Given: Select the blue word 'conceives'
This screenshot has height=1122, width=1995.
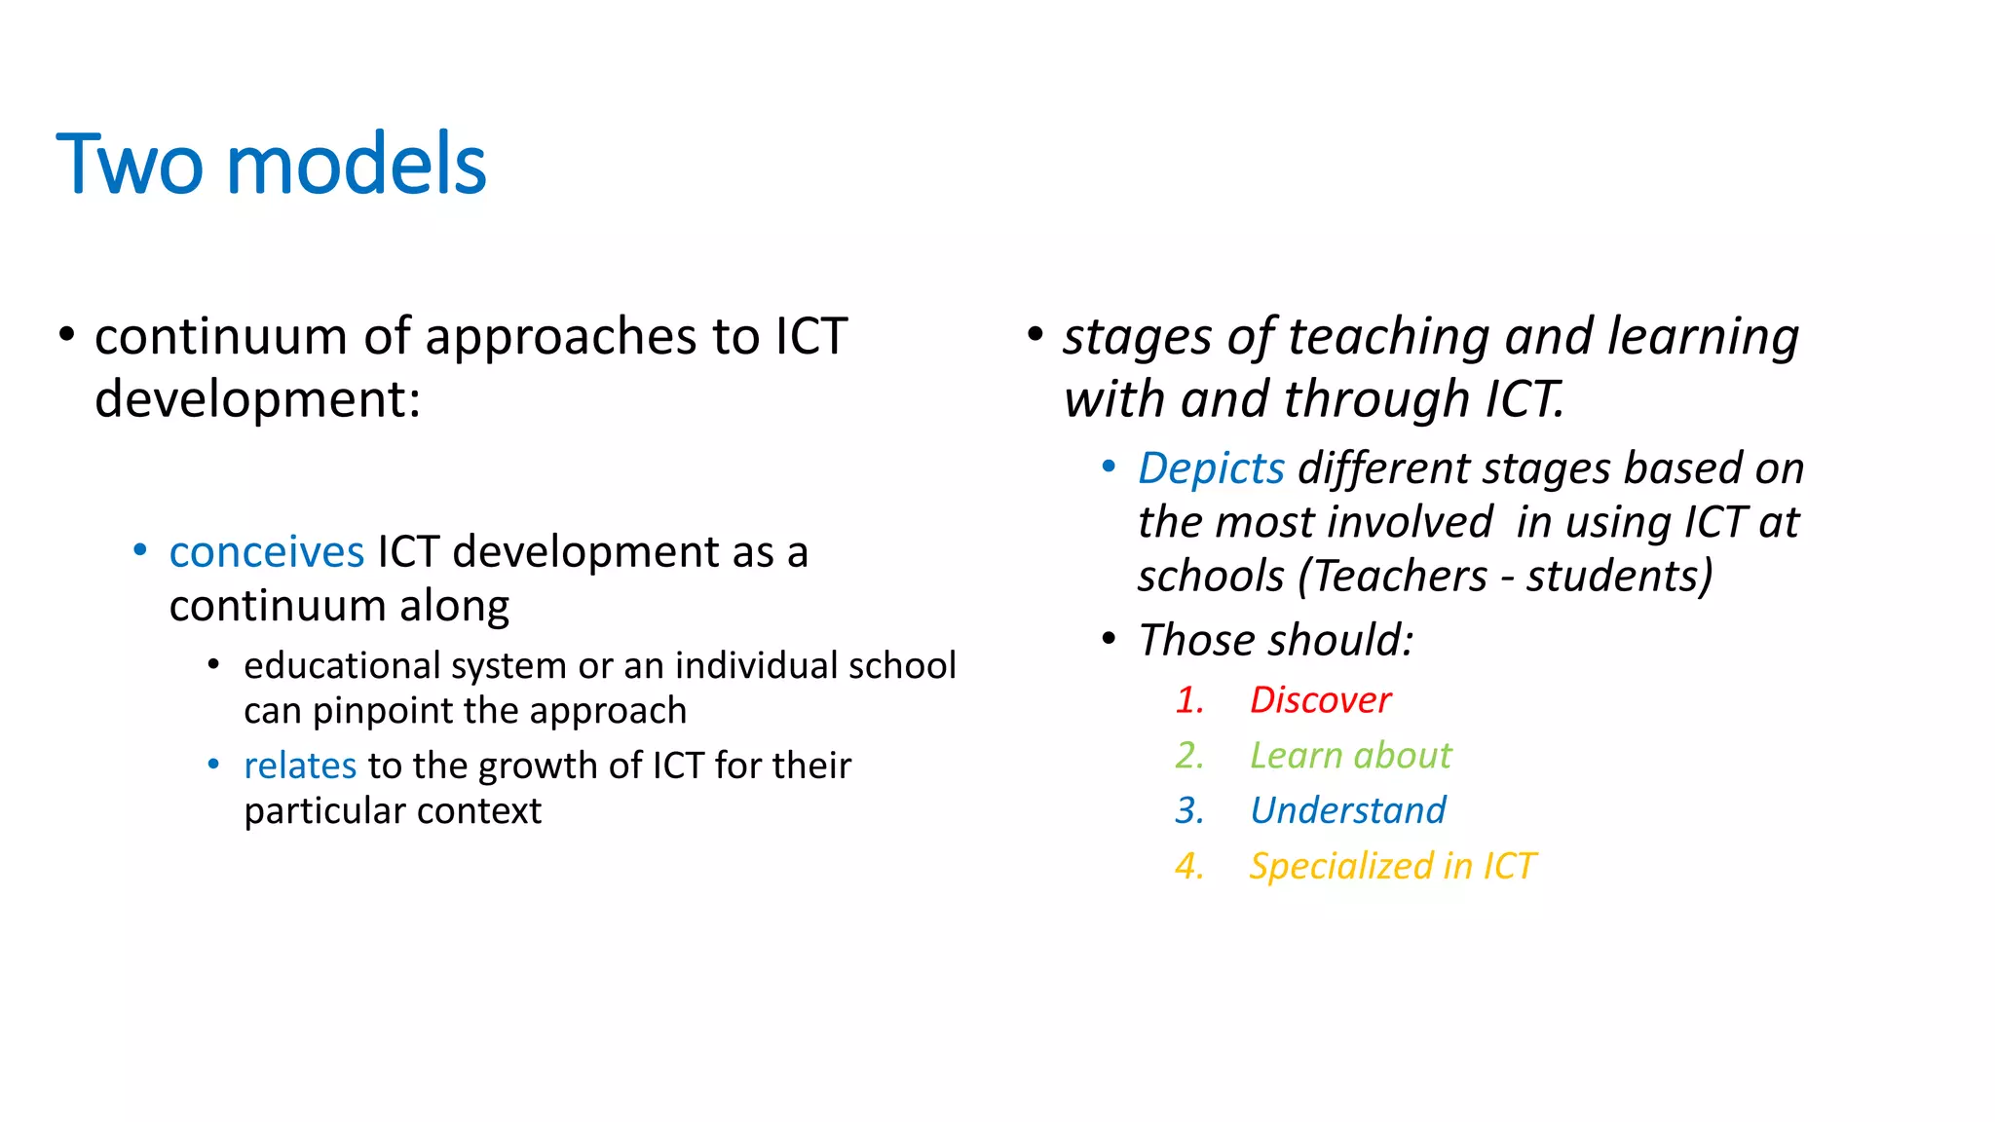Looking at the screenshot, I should pos(266,552).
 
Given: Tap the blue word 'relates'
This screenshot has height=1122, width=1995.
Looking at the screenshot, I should pos(300,766).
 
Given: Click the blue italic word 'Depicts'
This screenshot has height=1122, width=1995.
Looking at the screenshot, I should pos(1211,468).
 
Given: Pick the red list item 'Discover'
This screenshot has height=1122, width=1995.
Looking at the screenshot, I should pos(1320,700).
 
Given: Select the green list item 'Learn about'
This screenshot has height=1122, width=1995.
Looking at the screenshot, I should pos(1350,756).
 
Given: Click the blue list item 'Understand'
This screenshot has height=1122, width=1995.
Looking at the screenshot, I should pos(1347,810).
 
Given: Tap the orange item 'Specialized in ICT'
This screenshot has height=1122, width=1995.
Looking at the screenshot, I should pos(1392,866).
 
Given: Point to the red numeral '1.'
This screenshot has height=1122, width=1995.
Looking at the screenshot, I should pos(1189,700).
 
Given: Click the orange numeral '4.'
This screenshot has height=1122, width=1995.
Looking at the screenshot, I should pos(1189,866).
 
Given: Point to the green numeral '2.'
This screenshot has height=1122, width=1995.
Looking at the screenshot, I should pos(1189,756).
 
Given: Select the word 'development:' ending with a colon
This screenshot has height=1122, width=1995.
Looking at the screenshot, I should pos(257,399).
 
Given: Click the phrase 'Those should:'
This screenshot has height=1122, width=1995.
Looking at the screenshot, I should pos(1275,641).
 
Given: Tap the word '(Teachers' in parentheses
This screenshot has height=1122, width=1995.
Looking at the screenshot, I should pos(1393,576).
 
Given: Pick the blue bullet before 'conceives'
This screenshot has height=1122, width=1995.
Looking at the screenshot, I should pos(140,551).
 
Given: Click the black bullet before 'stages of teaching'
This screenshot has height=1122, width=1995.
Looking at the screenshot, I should pos(1035,335).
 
